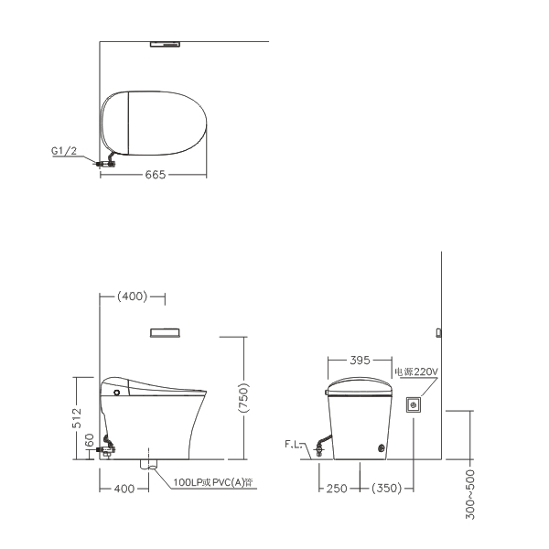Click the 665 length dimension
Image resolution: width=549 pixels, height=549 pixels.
[x=156, y=175]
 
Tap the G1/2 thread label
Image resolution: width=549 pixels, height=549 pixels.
[x=64, y=151]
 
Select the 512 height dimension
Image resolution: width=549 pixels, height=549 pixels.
[x=77, y=418]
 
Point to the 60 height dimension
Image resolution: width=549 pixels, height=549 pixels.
[x=90, y=440]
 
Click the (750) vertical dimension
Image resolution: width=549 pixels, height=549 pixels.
[x=243, y=398]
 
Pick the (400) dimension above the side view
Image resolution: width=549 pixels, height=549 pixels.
[x=132, y=296]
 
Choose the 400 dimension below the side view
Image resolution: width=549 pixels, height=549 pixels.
[x=124, y=489]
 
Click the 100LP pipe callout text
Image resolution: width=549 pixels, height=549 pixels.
[x=213, y=482]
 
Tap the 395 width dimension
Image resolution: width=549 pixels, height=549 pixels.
[x=360, y=360]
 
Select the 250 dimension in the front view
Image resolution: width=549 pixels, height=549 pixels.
[x=337, y=489]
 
